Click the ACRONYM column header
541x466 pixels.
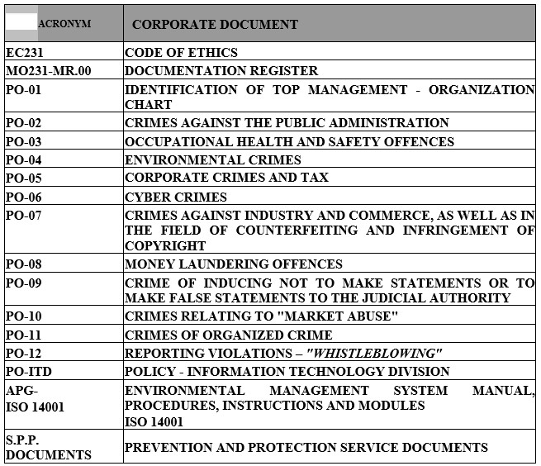[x=64, y=24]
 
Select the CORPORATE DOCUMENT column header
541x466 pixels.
[x=215, y=25]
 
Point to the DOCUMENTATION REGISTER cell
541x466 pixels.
[x=221, y=71]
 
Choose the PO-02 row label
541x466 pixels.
[x=23, y=122]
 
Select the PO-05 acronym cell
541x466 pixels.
[x=23, y=178]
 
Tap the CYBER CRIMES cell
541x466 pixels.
[x=175, y=197]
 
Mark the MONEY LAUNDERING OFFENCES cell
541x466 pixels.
[x=233, y=264]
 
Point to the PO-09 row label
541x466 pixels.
[x=23, y=283]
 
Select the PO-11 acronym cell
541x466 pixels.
[x=23, y=335]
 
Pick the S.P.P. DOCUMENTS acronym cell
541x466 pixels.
[x=48, y=447]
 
